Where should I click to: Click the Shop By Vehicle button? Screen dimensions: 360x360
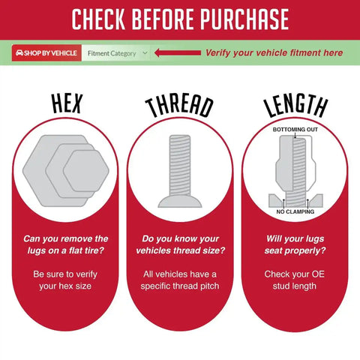pyautogui.click(x=46, y=53)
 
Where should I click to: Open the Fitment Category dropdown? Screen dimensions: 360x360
pyautogui.click(x=116, y=53)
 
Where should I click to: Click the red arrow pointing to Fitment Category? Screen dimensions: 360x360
pyautogui.click(x=178, y=52)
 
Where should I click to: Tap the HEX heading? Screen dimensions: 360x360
pyautogui.click(x=67, y=103)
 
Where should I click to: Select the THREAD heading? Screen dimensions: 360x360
pyautogui.click(x=179, y=107)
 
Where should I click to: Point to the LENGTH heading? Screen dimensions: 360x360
pyautogui.click(x=295, y=106)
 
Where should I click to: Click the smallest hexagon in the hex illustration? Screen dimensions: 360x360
pyautogui.click(x=86, y=171)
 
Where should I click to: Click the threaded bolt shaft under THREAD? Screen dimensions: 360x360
pyautogui.click(x=180, y=165)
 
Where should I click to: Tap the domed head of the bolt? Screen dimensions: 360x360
pyautogui.click(x=180, y=202)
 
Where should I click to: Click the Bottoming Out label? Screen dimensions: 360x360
pyautogui.click(x=295, y=130)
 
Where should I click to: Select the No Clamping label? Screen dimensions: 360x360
pyautogui.click(x=295, y=211)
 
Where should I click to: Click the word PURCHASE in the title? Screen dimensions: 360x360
pyautogui.click(x=244, y=19)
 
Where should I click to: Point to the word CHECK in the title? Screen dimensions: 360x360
pyautogui.click(x=98, y=19)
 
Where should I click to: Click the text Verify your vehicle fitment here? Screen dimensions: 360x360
pyautogui.click(x=274, y=53)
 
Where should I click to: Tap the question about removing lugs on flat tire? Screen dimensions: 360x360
pyautogui.click(x=66, y=244)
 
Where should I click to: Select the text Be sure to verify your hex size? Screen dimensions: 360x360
pyautogui.click(x=65, y=280)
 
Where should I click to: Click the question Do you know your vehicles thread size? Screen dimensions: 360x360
pyautogui.click(x=181, y=244)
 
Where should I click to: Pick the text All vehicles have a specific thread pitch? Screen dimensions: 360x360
pyautogui.click(x=180, y=280)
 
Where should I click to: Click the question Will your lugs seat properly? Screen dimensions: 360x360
pyautogui.click(x=295, y=244)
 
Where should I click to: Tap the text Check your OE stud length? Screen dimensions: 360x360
pyautogui.click(x=295, y=280)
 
